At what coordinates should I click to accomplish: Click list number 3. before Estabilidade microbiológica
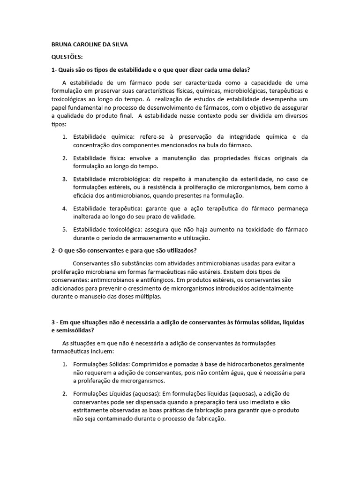click(65, 179)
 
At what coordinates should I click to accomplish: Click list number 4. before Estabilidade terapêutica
click(65, 208)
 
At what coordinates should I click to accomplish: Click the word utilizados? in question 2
click(180, 250)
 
